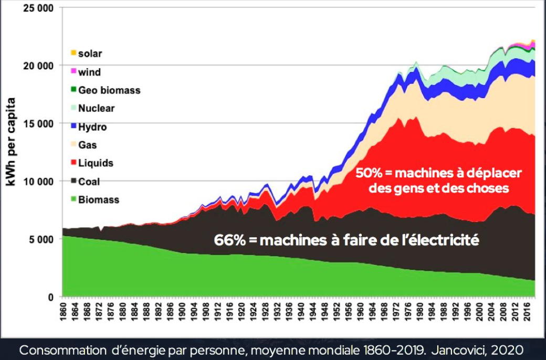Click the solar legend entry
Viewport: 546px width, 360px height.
pos(90,54)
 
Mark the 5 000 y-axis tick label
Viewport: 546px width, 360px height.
pos(41,239)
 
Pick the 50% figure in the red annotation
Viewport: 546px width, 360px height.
pos(369,173)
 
